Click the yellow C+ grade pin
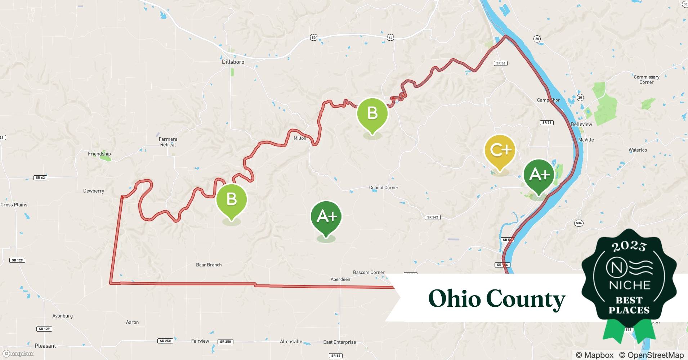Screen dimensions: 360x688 coord(500,150)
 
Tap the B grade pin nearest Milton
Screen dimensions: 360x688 coord(372,113)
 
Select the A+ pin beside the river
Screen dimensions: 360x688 coord(539,175)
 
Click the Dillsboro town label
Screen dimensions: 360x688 coord(233,62)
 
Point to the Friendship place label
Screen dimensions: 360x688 coord(99,154)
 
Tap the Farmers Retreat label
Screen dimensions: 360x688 coord(168,142)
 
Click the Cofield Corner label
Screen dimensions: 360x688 coord(384,188)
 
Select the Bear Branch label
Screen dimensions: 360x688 coord(209,265)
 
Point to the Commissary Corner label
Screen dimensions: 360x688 coord(647,80)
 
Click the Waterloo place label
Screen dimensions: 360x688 coord(638,150)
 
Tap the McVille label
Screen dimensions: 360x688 coord(586,140)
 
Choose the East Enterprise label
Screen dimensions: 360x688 coord(339,342)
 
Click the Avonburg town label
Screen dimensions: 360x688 coord(62,316)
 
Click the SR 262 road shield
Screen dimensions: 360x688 coord(433,217)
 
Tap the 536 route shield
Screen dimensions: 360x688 coord(578,223)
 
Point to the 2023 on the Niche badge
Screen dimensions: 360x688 coord(629,246)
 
